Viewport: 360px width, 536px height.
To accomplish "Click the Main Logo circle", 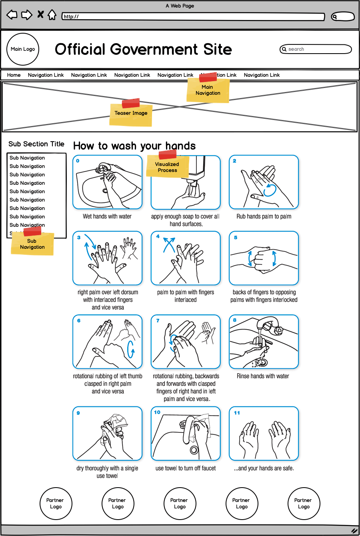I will point(23,49).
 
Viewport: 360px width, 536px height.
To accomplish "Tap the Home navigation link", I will point(14,75).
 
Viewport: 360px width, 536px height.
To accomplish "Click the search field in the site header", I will point(316,49).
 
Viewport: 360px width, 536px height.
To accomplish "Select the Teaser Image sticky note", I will point(131,114).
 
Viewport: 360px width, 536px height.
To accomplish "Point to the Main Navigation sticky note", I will point(208,90).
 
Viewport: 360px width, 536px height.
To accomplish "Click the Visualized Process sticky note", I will point(167,166).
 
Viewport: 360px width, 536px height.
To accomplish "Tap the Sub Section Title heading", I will point(36,144).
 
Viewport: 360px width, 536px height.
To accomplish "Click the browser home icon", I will point(52,15).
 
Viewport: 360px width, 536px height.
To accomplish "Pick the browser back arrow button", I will point(12,15).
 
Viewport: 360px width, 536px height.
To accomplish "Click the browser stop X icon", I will point(40,15).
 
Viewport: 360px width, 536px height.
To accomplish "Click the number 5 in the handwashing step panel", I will point(236,238).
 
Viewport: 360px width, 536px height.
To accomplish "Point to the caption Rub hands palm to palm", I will point(264,216).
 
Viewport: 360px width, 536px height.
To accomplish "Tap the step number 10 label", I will point(157,412).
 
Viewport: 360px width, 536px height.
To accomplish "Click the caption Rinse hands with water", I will point(263,376).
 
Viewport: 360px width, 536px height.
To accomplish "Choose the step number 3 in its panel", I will point(79,238).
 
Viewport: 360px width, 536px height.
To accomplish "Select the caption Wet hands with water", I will point(107,216).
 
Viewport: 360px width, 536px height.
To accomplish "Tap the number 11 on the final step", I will point(237,413).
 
